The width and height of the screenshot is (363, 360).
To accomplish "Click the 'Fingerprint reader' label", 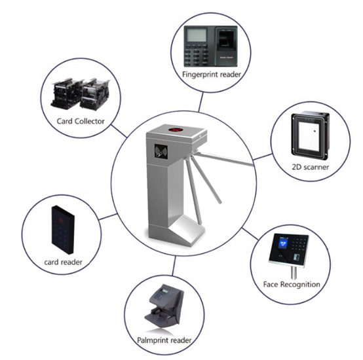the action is [x=212, y=75].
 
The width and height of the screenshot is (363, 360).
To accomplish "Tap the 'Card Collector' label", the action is [x=81, y=121].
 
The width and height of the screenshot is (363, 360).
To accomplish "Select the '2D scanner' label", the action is [x=310, y=167].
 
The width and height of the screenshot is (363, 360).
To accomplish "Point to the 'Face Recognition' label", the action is [x=292, y=284].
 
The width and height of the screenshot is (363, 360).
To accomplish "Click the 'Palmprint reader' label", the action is [x=164, y=340].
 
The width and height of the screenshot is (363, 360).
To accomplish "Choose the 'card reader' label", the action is [x=63, y=262].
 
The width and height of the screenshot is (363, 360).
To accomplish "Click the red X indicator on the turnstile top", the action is [x=176, y=130].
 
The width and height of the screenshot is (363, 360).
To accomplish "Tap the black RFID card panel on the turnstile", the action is [x=161, y=152].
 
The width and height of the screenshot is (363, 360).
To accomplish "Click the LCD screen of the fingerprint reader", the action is [x=197, y=35].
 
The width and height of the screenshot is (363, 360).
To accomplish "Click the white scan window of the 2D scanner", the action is [x=309, y=136].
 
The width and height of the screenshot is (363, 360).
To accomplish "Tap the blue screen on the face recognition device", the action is [x=283, y=243].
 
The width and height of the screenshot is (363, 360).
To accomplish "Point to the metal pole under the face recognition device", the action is [x=294, y=272].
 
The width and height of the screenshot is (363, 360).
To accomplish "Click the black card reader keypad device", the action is [x=63, y=229].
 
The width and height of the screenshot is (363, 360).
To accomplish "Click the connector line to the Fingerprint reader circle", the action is [x=201, y=102].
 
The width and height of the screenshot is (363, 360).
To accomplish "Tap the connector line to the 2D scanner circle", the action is [x=262, y=156].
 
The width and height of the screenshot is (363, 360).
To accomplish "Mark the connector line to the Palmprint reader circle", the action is [x=174, y=266].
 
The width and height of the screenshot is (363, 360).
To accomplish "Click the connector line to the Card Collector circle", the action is [x=119, y=131].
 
